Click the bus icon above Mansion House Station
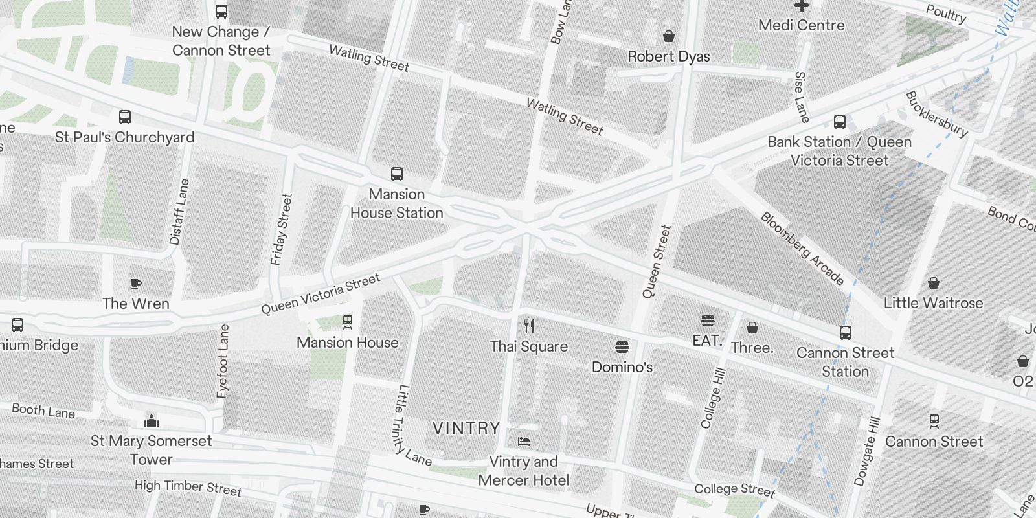[397, 174]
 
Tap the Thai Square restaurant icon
[529, 326]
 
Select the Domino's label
[622, 367]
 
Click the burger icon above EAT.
[707, 320]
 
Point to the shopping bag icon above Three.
[752, 328]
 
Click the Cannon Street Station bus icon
[845, 333]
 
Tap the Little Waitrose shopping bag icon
[934, 283]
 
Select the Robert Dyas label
[669, 56]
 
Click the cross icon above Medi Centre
[802, 6]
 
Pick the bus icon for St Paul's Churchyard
[125, 117]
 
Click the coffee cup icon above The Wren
[136, 284]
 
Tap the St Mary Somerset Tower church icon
[152, 422]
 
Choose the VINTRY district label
[466, 428]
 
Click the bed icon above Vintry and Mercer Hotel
[524, 442]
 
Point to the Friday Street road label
[282, 229]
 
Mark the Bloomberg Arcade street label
[802, 249]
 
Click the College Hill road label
[714, 398]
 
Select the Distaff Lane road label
[179, 212]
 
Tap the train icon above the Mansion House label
[348, 322]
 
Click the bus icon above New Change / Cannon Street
[221, 11]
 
